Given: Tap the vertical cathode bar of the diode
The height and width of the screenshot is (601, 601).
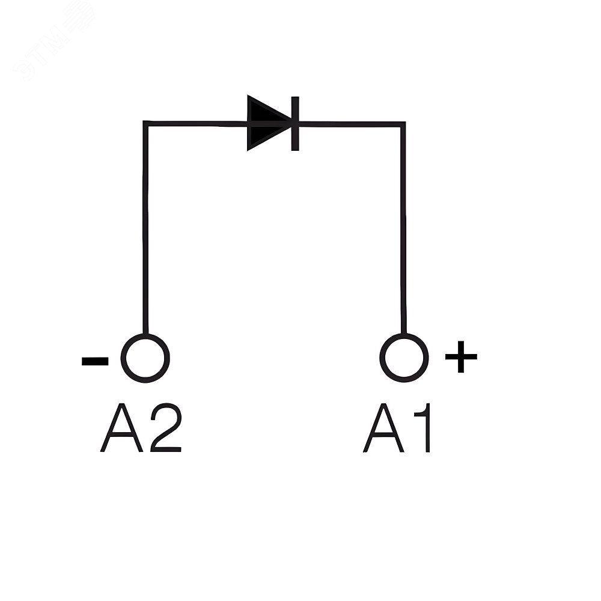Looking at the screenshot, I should [x=294, y=124].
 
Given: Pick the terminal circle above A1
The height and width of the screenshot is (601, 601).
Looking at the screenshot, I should [x=404, y=358].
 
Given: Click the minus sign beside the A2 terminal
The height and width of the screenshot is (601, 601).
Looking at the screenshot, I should [x=95, y=361].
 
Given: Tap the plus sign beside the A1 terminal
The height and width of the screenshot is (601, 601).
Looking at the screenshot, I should [x=461, y=357].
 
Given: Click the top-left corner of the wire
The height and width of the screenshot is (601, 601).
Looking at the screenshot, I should [x=145, y=124].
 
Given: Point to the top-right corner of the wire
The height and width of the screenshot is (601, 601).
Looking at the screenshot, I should [x=403, y=124].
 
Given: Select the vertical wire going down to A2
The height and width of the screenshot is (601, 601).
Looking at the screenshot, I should [x=145, y=228].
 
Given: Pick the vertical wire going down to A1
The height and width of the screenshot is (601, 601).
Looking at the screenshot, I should [x=403, y=228].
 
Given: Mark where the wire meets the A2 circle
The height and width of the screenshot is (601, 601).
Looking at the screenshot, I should [x=145, y=334].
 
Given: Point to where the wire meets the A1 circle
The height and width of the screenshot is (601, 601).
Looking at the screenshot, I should [x=404, y=334].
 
